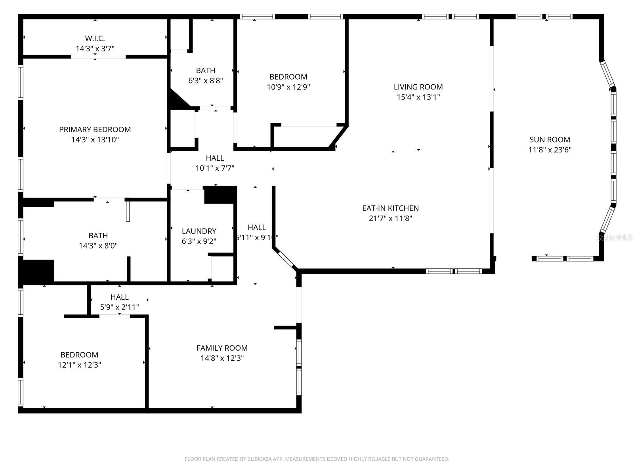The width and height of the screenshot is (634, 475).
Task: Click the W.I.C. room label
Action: point(95,38)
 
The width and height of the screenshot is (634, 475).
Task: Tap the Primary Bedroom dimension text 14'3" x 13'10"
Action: point(95,140)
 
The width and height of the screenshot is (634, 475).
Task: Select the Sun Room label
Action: point(550,139)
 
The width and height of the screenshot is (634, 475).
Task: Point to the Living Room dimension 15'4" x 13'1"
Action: point(418,97)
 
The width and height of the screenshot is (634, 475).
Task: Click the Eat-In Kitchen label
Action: point(390,208)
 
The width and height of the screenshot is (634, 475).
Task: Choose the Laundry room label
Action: point(199,231)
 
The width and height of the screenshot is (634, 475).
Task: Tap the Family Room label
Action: point(222,348)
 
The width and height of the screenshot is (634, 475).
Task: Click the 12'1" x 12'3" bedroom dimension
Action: point(79,365)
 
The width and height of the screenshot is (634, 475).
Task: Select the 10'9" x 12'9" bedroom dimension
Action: point(288,87)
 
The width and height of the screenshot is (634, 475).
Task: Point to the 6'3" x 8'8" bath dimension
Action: point(206,81)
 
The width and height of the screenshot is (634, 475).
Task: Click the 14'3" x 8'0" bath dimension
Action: point(98,246)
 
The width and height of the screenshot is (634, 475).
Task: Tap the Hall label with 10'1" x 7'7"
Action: point(215,158)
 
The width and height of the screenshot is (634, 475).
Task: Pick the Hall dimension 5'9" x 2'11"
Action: point(119,307)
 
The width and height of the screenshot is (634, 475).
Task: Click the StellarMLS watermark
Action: point(615,238)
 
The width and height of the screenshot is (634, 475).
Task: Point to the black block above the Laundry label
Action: point(220,195)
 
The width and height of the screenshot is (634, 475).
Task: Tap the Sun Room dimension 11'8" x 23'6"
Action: point(550,150)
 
